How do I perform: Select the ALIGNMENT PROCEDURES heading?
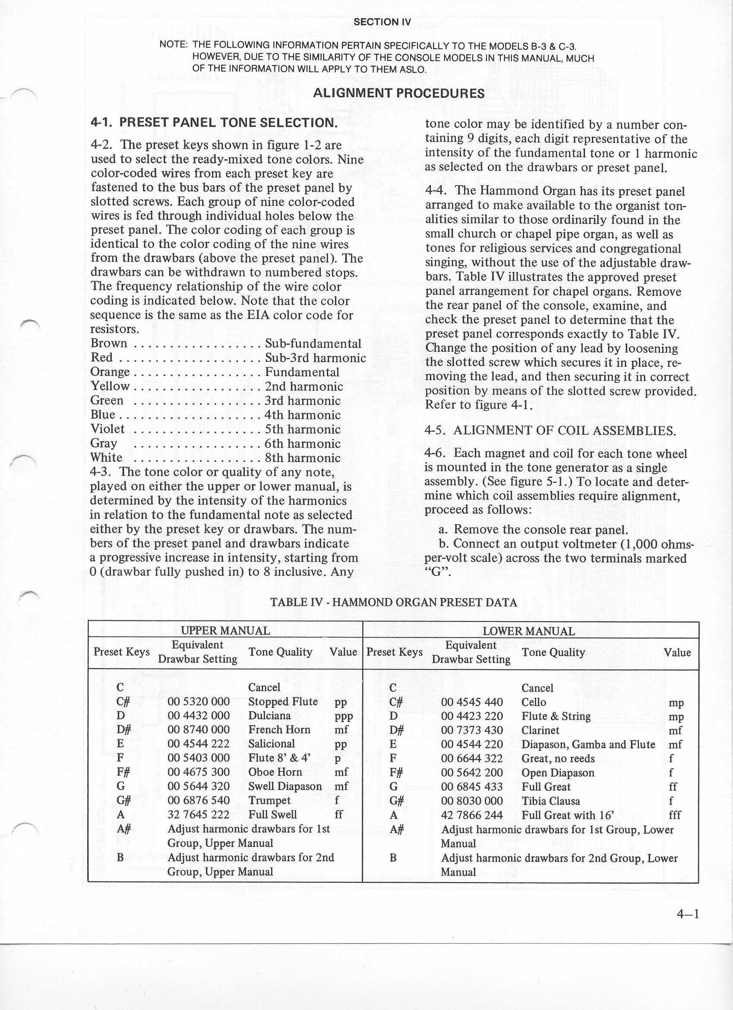tap(398, 94)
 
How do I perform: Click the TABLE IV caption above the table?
tap(394, 603)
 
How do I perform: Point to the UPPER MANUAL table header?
tap(225, 631)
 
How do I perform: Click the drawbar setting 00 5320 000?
tap(199, 702)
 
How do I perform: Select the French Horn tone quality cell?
tap(279, 730)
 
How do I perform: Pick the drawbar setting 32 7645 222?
tap(199, 814)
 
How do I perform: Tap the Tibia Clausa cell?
tap(550, 801)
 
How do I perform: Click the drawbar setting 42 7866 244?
tap(471, 815)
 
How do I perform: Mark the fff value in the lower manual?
tap(675, 815)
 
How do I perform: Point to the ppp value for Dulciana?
tap(343, 716)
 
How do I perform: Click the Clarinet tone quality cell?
tap(540, 730)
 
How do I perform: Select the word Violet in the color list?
tap(107, 429)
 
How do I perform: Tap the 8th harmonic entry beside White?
tap(302, 458)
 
